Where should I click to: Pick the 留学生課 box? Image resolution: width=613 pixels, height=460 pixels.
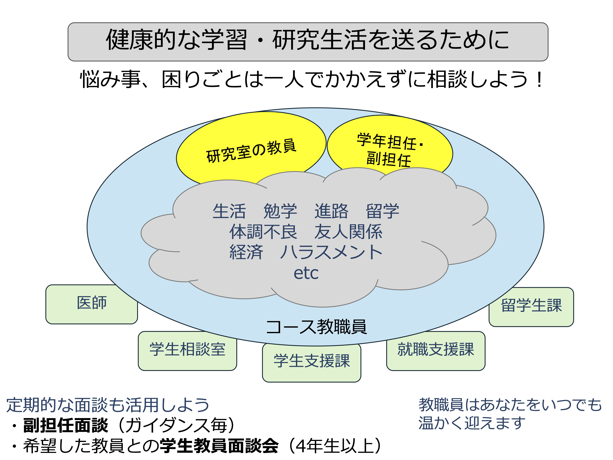tap(531, 307)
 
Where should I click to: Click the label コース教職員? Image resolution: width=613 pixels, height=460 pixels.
tap(316, 327)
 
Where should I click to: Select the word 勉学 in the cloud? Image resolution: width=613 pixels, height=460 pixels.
tap(280, 211)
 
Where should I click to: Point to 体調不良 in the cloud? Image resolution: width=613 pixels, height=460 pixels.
tap(263, 232)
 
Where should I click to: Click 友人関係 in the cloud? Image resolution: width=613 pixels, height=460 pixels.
tap(348, 232)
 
